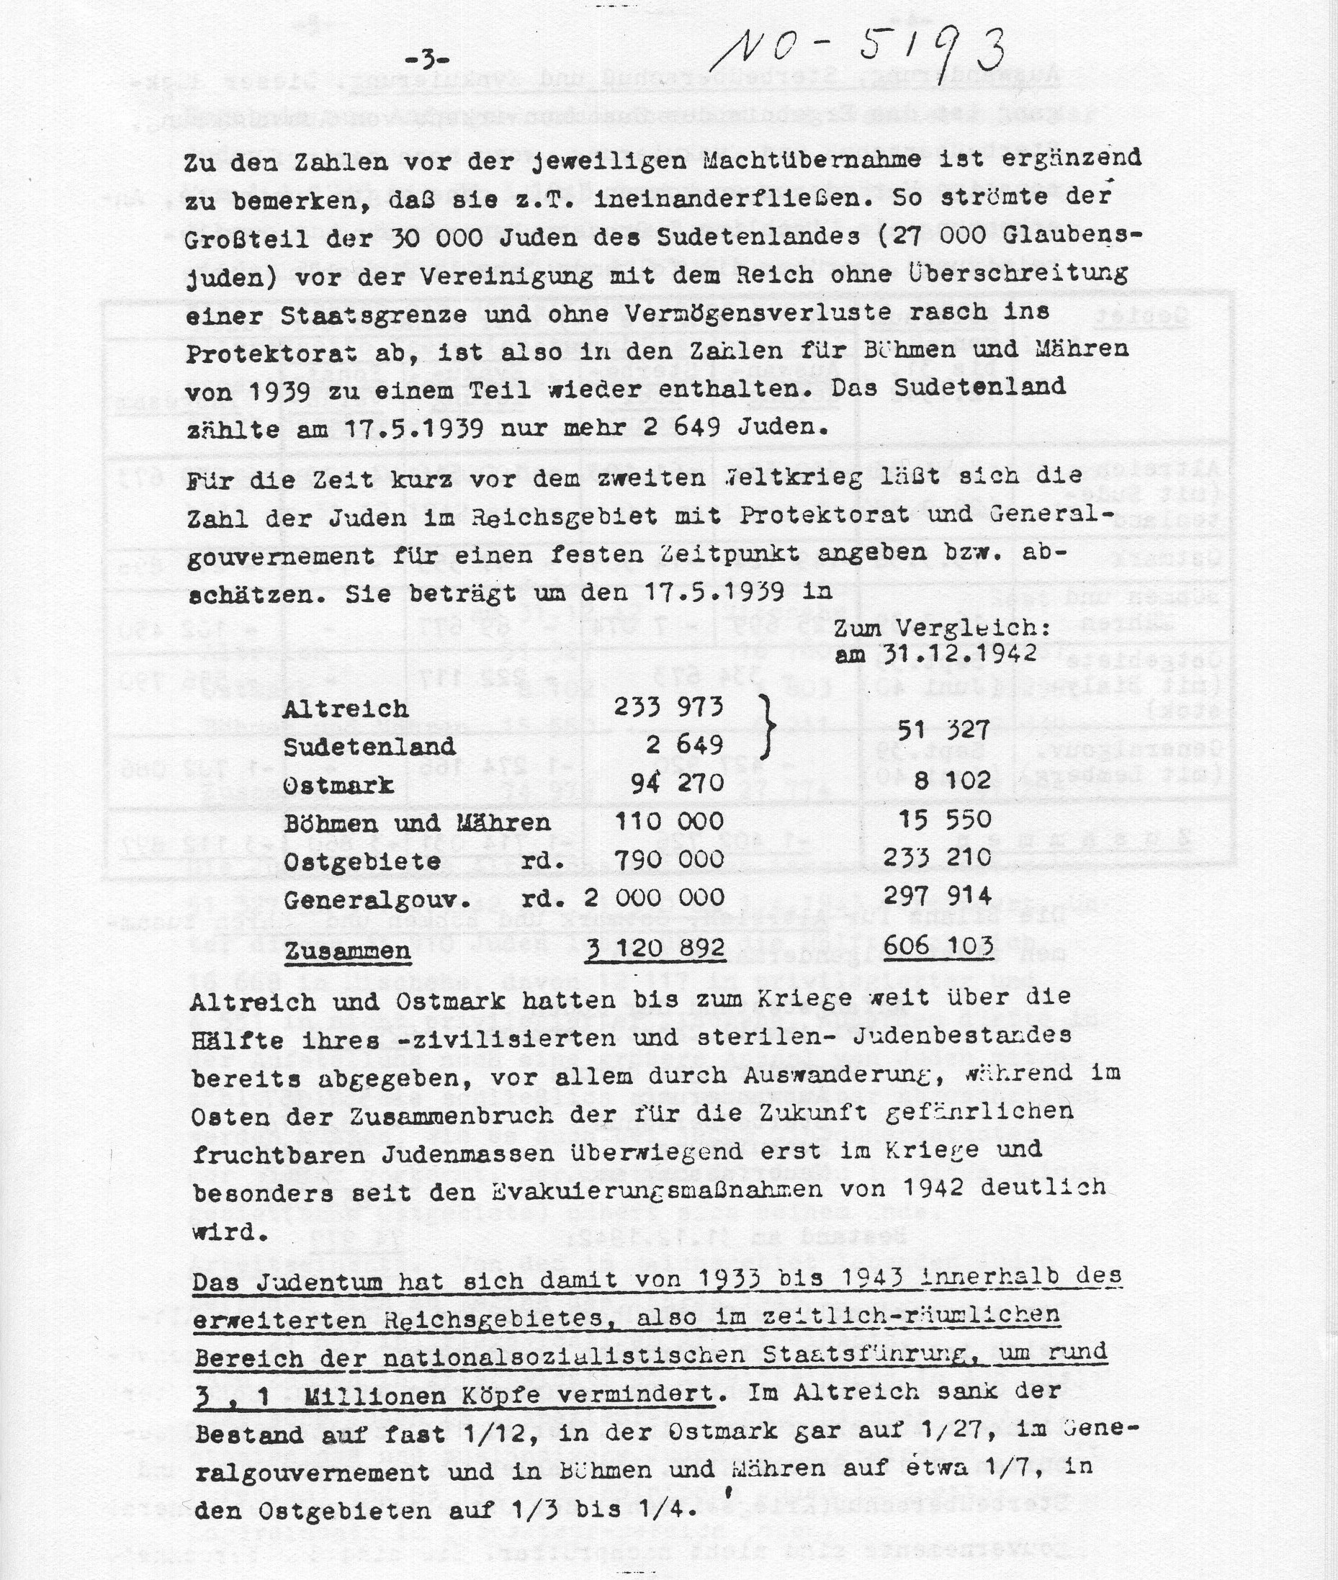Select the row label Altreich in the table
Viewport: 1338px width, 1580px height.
345,709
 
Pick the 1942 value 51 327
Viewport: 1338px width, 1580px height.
943,730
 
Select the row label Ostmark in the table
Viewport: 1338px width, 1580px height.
338,784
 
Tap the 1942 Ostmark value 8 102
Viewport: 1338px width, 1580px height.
953,780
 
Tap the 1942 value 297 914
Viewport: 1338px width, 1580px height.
938,895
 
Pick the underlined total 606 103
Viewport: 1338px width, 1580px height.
938,946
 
